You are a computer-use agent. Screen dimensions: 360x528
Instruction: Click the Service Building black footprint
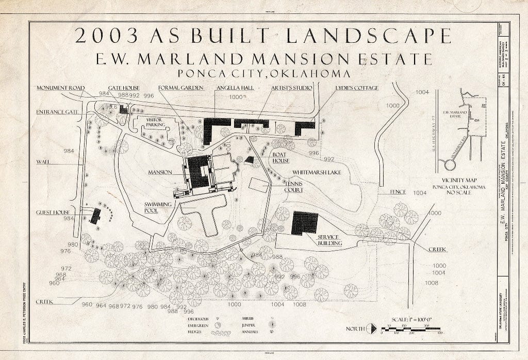(x=304, y=223)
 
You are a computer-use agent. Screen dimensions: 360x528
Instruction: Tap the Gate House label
(x=121, y=88)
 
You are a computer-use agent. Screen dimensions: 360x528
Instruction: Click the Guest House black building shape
(x=95, y=216)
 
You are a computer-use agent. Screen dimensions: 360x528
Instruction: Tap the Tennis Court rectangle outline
(x=258, y=185)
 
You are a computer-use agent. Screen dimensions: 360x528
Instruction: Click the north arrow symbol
(x=371, y=328)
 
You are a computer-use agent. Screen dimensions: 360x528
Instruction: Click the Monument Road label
(x=60, y=88)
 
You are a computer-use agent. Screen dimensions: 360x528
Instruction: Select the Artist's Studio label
(x=291, y=88)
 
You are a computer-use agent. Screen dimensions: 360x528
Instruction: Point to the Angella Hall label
(x=235, y=88)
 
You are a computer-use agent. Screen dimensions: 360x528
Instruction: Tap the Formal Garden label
(x=180, y=88)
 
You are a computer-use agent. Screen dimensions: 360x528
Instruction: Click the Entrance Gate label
(x=57, y=111)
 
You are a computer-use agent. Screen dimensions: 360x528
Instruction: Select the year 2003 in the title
(x=108, y=35)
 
